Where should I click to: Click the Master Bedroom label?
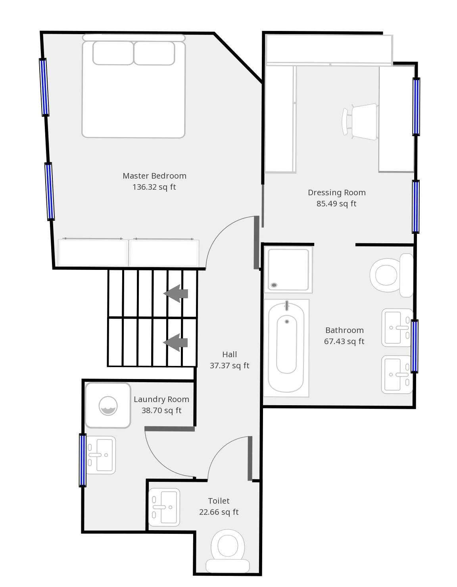(x=154, y=176)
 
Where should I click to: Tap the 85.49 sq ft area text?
(x=336, y=204)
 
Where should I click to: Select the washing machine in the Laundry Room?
(x=108, y=405)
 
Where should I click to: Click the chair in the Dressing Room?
(x=359, y=121)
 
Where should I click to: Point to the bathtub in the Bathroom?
(x=286, y=348)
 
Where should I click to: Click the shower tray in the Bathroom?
(x=288, y=269)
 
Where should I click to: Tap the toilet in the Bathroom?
(x=392, y=275)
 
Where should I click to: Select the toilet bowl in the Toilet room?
(x=228, y=551)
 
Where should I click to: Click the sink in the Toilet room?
(x=164, y=507)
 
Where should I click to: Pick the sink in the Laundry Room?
(x=100, y=455)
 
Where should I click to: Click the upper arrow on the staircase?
(x=175, y=294)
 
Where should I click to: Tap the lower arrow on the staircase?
(x=175, y=343)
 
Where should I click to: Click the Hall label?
(x=229, y=354)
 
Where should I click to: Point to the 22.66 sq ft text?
(x=219, y=512)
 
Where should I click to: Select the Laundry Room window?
(x=83, y=460)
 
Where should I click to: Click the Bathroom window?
(x=414, y=346)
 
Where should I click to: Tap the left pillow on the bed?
(x=113, y=53)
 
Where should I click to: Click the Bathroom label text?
(x=344, y=330)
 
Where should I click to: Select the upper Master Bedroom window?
(x=44, y=87)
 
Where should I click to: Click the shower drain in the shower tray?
(x=274, y=285)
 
